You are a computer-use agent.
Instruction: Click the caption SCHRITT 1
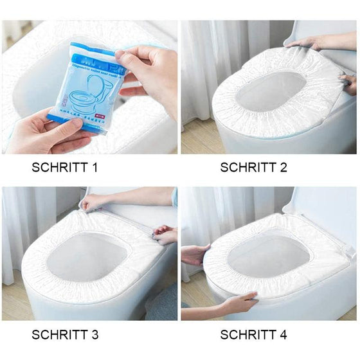tap(74, 168)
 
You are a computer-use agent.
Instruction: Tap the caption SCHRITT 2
tap(254, 168)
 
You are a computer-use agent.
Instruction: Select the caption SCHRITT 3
tap(74, 335)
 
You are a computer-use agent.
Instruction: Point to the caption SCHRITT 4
tap(254, 335)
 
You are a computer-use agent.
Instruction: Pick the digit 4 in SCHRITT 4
tap(292, 335)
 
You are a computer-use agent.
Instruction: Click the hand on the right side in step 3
tap(166, 235)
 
